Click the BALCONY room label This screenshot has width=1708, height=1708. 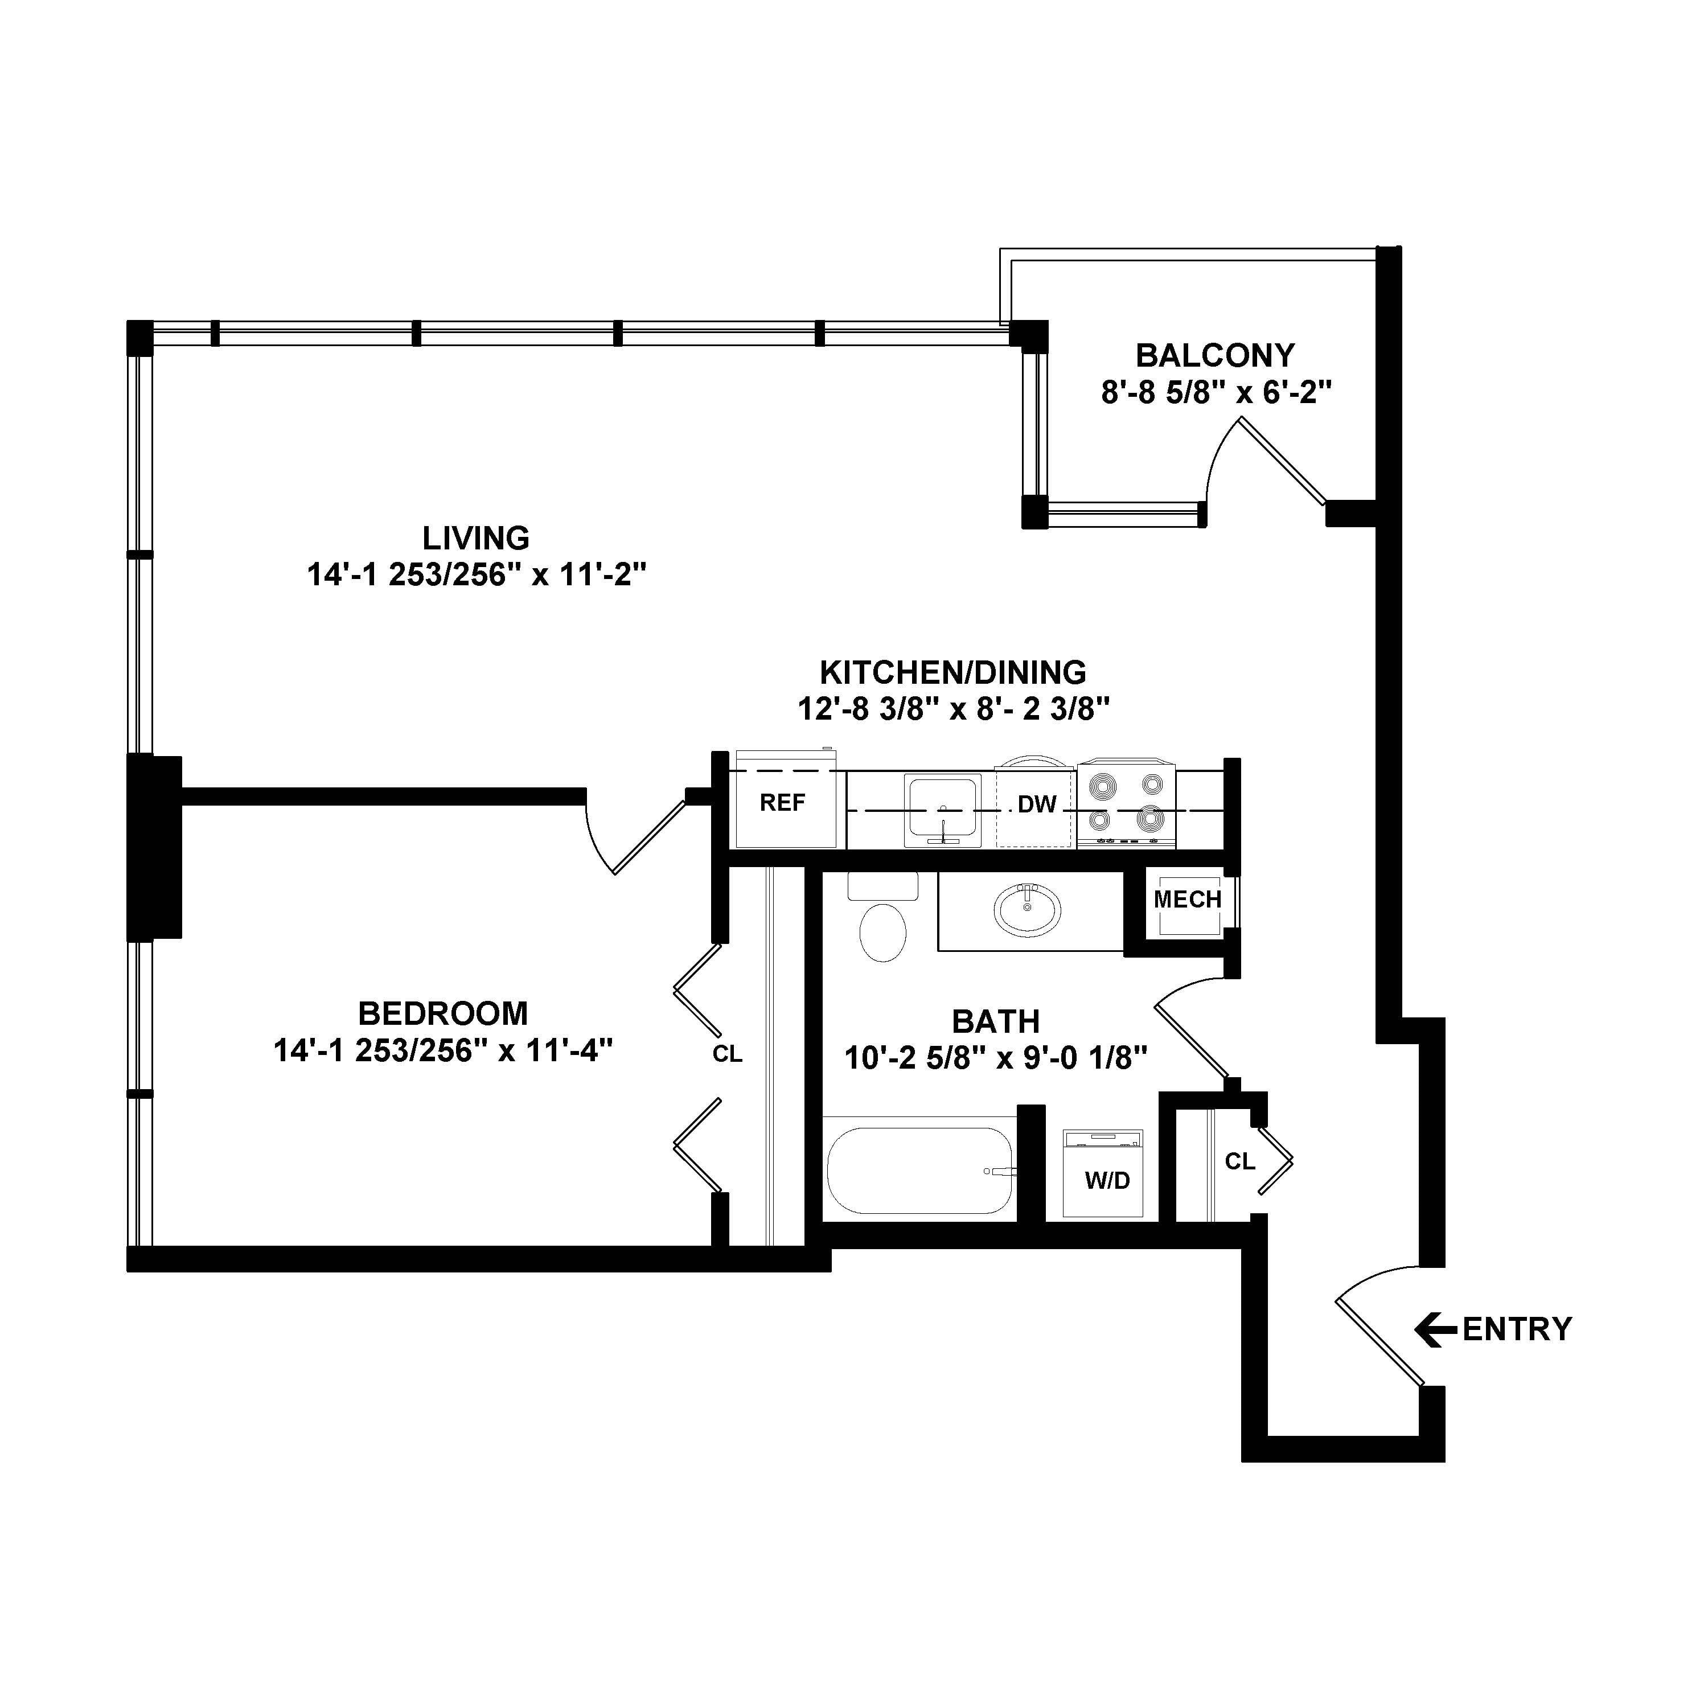[1215, 355]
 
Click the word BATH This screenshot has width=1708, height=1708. [995, 1022]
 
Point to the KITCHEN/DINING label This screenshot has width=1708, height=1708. [953, 673]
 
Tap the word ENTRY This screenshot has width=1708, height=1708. [1517, 1329]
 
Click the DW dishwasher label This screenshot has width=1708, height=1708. [1037, 804]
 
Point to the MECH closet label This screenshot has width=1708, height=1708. [1187, 900]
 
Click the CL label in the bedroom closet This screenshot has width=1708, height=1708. [728, 1054]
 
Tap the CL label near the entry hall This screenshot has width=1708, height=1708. [1239, 1161]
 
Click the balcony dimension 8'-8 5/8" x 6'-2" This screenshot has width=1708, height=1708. [1216, 392]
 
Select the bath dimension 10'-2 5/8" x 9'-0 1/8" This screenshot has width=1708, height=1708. [995, 1058]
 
